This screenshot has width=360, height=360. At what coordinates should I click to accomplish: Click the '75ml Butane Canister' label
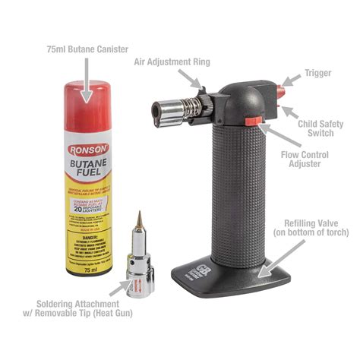86,50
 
